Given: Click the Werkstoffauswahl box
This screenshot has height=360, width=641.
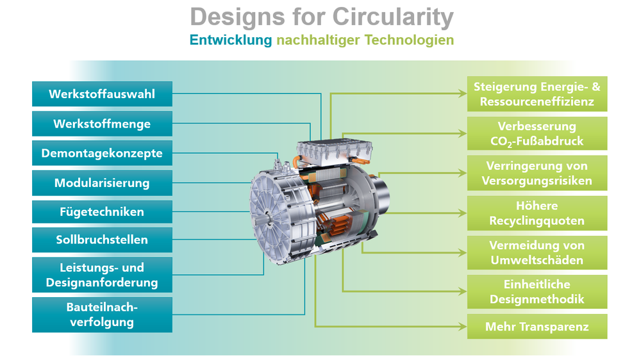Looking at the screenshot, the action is pos(102,94).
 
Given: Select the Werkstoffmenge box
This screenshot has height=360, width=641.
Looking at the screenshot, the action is pos(102,124).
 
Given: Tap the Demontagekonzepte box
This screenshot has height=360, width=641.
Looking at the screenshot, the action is pos(102,153).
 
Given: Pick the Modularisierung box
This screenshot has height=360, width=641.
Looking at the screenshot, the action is pos(102,183).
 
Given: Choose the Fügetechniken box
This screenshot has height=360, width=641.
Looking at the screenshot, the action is pos(102,211).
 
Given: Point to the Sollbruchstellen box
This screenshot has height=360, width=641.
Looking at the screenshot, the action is pos(102,240).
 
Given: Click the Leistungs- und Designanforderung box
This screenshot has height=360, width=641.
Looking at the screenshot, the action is pos(102,275).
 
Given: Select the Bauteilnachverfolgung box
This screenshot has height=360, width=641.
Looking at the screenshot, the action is pos(102,315).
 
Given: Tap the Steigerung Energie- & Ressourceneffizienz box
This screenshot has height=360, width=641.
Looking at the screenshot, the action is pos(537,94).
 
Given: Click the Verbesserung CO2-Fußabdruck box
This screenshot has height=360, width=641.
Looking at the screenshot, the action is pos(537,134).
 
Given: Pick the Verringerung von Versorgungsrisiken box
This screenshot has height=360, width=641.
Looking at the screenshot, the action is pos(537,173).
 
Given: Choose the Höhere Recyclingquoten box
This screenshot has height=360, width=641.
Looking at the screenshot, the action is pos(537,213).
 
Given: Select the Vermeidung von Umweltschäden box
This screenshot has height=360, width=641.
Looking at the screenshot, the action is pos(537,252).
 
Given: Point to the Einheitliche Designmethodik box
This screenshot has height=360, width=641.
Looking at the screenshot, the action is pos(537,291).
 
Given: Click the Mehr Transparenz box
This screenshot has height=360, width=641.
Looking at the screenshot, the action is pos(537,327).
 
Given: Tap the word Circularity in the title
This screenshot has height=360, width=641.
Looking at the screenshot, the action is pos(393,17).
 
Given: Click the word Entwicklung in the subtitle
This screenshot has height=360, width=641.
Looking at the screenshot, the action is pos(231,40).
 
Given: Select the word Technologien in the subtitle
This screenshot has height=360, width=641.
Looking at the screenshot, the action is pos(409,40).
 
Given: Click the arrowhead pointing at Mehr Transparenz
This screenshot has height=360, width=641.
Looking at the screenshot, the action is pos(462,327).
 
